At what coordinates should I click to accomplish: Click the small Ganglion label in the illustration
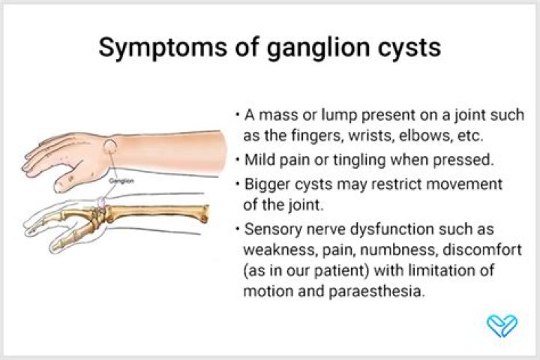pos(121,181)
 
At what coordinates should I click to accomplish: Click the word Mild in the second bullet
pos(259,160)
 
